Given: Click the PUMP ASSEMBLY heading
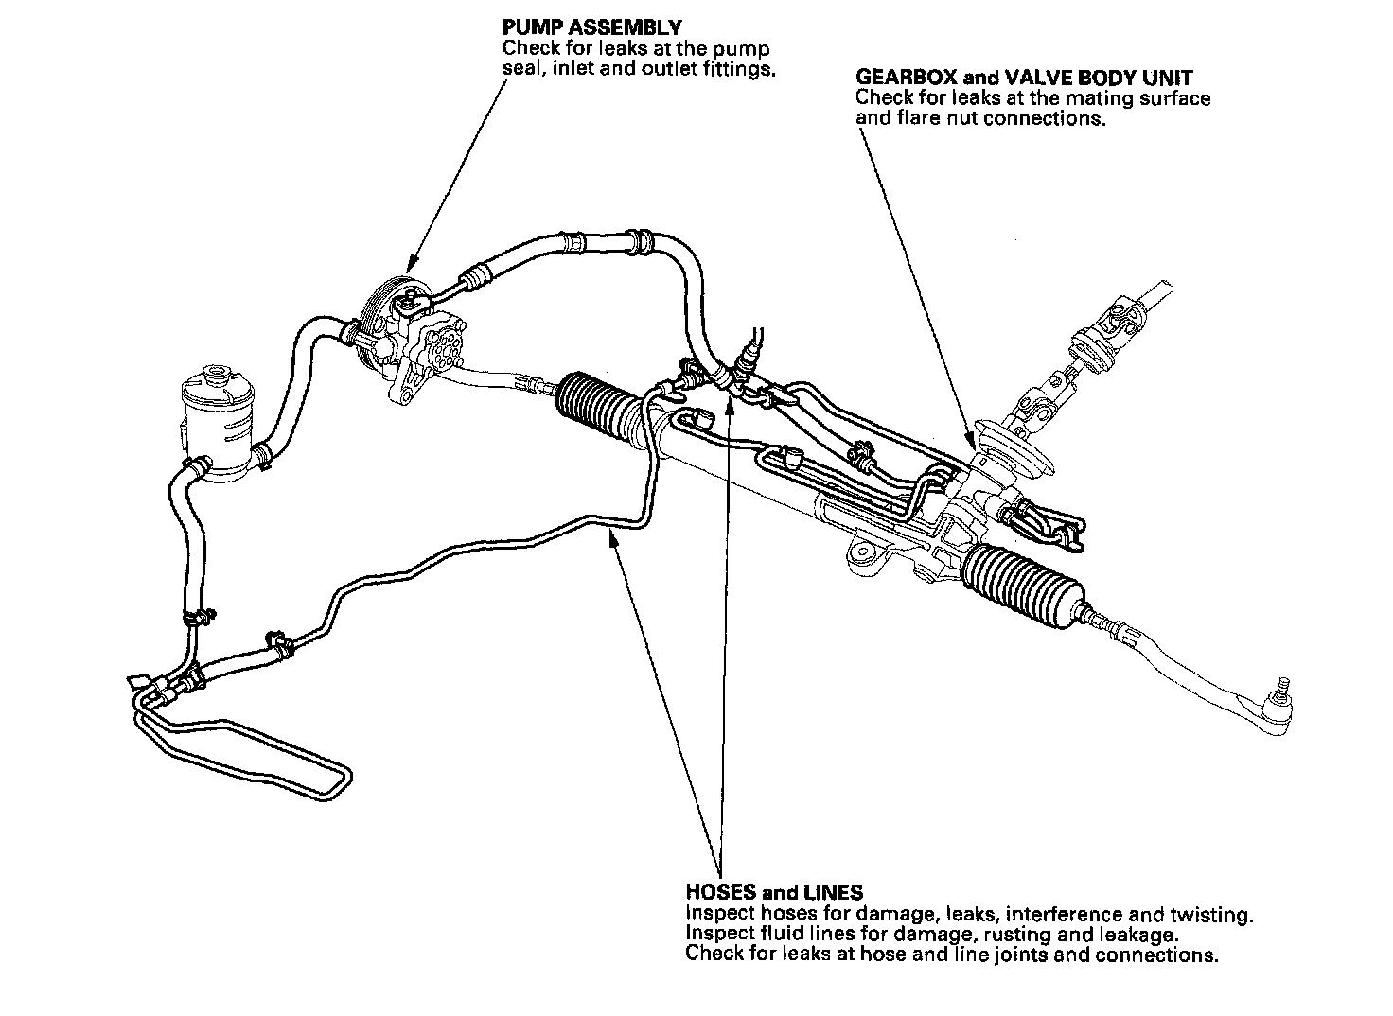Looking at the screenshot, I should pos(591,27).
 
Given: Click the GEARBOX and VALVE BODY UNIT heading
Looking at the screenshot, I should pos(1024,77).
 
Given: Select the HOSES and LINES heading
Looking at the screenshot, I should pos(773,892).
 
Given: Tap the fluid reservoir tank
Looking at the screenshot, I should pos(220,421).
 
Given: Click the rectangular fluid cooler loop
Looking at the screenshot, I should pos(246,757).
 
